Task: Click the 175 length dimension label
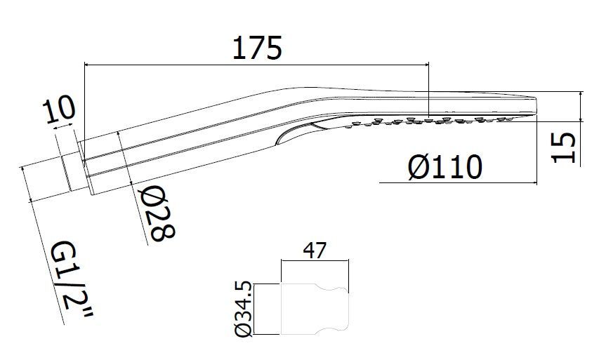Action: click(257, 48)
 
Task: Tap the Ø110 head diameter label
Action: click(445, 167)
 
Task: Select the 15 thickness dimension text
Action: click(564, 147)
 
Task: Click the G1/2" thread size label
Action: click(72, 280)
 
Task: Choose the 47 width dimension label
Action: click(315, 251)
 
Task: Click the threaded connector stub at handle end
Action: click(72, 173)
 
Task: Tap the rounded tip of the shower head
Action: click(534, 105)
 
